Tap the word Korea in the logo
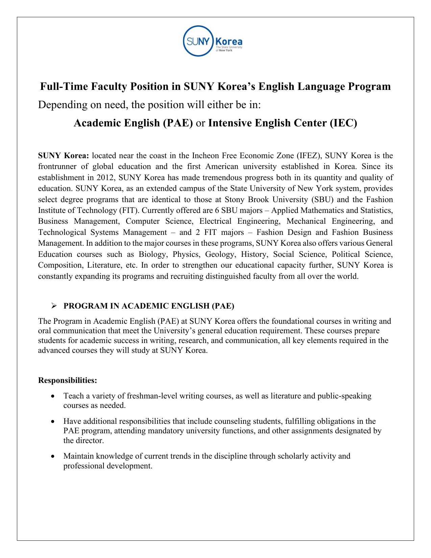coord(229,42)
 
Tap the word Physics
coord(186,254)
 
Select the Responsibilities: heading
coord(68,381)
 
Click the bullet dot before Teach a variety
coord(52,396)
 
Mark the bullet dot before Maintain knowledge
coord(52,456)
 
